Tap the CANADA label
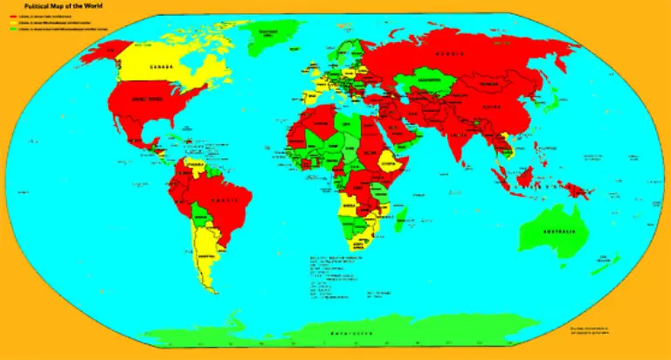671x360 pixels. [160, 66]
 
